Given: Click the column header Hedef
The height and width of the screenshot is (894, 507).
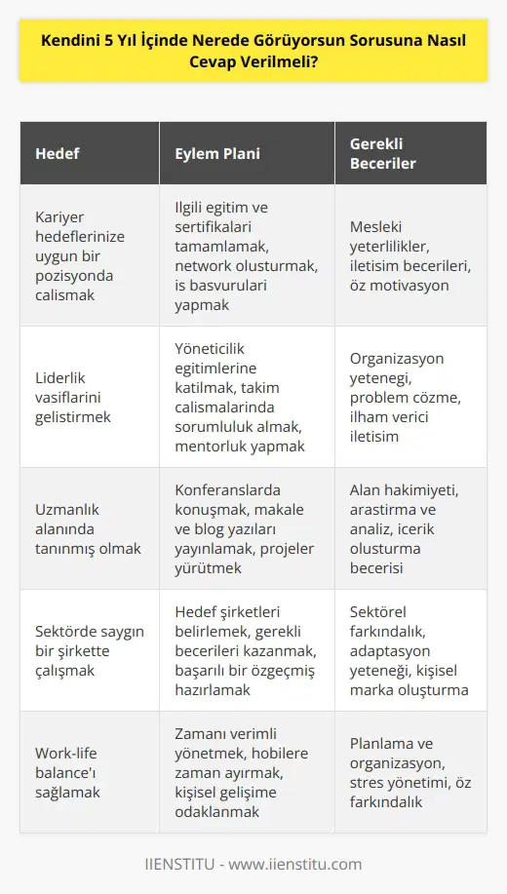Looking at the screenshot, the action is (x=58, y=153).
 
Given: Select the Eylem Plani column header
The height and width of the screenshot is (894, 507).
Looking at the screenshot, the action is (x=216, y=153).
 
